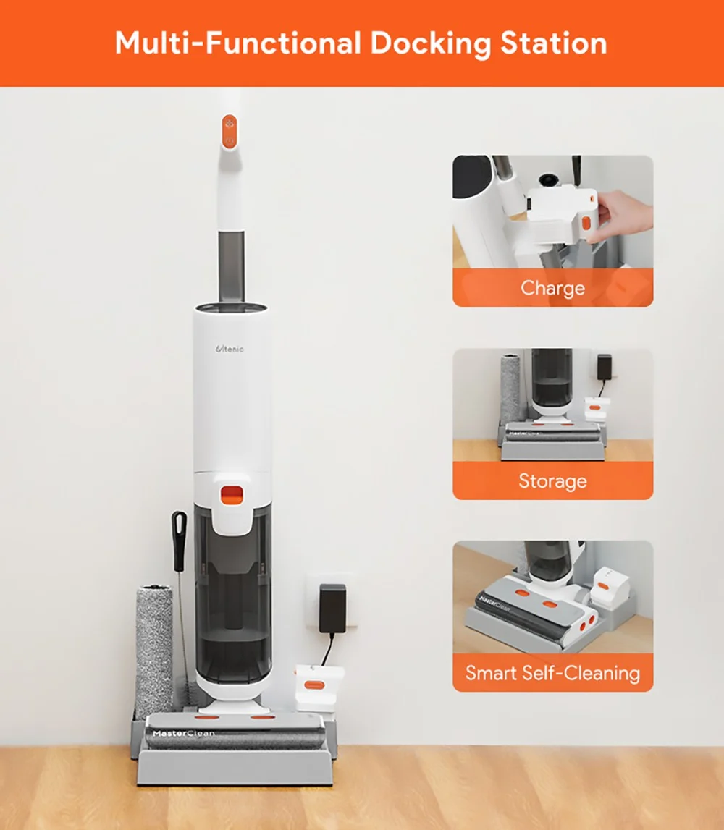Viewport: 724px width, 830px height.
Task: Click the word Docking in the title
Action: click(x=431, y=44)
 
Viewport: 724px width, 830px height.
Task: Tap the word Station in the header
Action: click(x=553, y=43)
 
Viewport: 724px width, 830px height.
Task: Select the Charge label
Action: click(x=552, y=288)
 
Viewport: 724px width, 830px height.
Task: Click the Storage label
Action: click(x=552, y=480)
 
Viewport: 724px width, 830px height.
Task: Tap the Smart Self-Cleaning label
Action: click(x=552, y=673)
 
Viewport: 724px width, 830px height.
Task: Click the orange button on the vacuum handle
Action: click(x=230, y=132)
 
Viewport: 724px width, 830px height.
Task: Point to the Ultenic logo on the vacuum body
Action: click(x=230, y=349)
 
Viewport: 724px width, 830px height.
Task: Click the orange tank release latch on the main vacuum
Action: click(x=232, y=496)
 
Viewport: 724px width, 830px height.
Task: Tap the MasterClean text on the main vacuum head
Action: click(x=183, y=733)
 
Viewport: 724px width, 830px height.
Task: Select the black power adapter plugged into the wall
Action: click(x=332, y=608)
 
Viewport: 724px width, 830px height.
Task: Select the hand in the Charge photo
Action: click(x=625, y=216)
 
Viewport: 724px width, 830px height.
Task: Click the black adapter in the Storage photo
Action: click(x=605, y=367)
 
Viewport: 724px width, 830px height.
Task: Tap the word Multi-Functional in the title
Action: click(x=238, y=43)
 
